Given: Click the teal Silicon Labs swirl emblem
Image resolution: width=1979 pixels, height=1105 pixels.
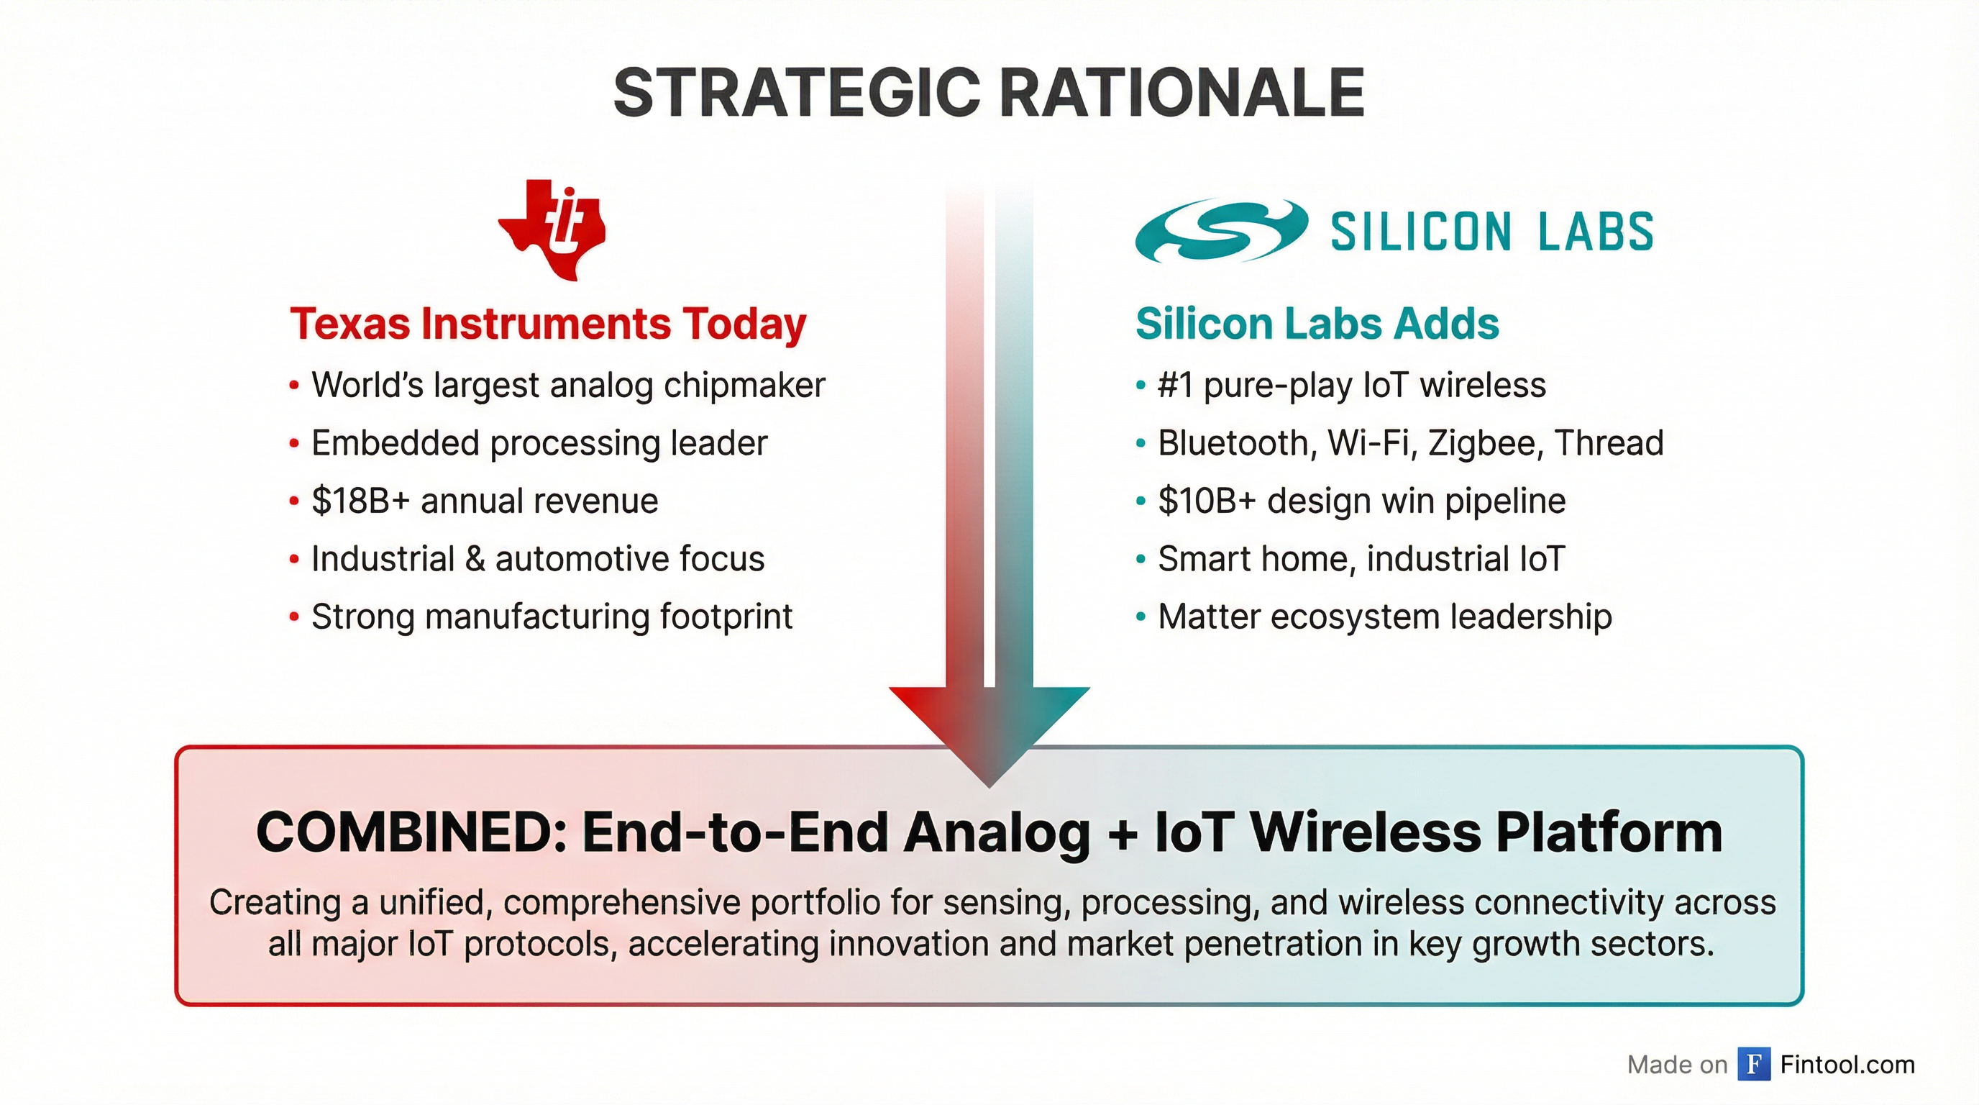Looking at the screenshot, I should click(1222, 230).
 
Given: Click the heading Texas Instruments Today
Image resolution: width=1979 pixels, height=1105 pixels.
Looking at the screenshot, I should click(548, 324).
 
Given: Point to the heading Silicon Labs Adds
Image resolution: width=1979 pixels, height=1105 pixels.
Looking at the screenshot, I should click(1317, 324).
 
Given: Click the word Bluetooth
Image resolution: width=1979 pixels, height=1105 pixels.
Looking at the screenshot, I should click(1233, 443).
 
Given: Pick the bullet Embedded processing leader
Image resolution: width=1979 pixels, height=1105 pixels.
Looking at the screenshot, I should click(539, 443).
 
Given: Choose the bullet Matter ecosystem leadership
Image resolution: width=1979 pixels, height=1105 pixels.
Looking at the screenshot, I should click(1384, 617).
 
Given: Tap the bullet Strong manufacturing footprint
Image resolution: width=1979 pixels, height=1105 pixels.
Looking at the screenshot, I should click(551, 617).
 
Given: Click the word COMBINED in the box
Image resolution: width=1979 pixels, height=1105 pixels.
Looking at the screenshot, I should click(411, 833).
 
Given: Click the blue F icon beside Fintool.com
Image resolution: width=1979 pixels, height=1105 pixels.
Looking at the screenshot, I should click(1754, 1064).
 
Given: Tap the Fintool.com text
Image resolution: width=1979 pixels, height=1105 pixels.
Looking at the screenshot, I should click(1847, 1064).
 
